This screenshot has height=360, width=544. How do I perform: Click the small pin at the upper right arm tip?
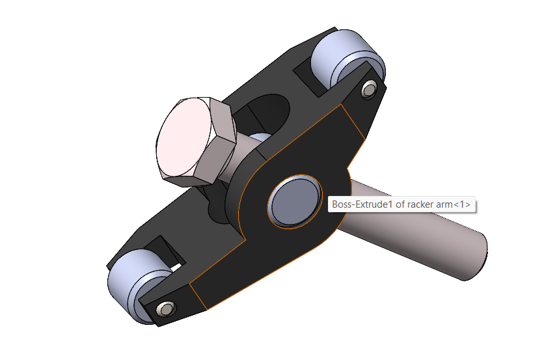[369, 89]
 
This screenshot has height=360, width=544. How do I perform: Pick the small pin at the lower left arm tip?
[166, 309]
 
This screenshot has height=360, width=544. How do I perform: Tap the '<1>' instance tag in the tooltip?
[462, 204]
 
